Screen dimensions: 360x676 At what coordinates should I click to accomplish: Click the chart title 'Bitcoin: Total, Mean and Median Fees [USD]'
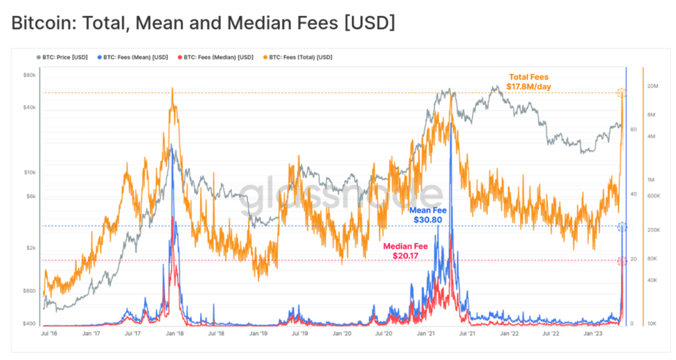(x=203, y=23)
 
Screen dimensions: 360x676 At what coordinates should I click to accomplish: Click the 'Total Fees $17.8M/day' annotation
(x=527, y=82)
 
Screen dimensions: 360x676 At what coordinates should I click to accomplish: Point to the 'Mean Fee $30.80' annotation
(x=430, y=215)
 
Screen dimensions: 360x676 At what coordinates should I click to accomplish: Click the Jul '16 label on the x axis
(x=50, y=334)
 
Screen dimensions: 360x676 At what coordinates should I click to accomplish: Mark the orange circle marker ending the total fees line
(x=621, y=93)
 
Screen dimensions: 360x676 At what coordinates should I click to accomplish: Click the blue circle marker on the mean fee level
(x=622, y=227)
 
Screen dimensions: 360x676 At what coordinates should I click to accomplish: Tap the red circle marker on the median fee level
(x=622, y=262)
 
